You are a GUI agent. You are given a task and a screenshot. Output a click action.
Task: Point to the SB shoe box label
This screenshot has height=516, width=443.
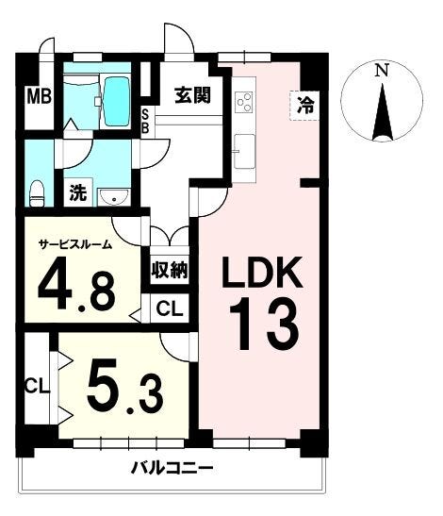(x=145, y=123)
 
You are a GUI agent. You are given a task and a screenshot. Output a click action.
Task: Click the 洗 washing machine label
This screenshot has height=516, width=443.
(x=79, y=194)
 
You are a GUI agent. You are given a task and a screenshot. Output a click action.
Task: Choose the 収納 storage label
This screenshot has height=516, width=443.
(x=170, y=269)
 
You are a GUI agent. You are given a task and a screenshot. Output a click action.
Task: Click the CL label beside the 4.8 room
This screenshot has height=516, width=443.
(x=170, y=308)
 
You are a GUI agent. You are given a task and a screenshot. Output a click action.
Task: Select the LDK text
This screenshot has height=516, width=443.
(x=261, y=275)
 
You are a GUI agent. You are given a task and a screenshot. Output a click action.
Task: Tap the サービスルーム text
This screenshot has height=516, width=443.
(x=74, y=243)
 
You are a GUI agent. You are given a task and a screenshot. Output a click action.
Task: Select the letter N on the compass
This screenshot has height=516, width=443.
(x=381, y=71)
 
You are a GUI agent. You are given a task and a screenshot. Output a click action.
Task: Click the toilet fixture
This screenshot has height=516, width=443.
(x=38, y=191)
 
